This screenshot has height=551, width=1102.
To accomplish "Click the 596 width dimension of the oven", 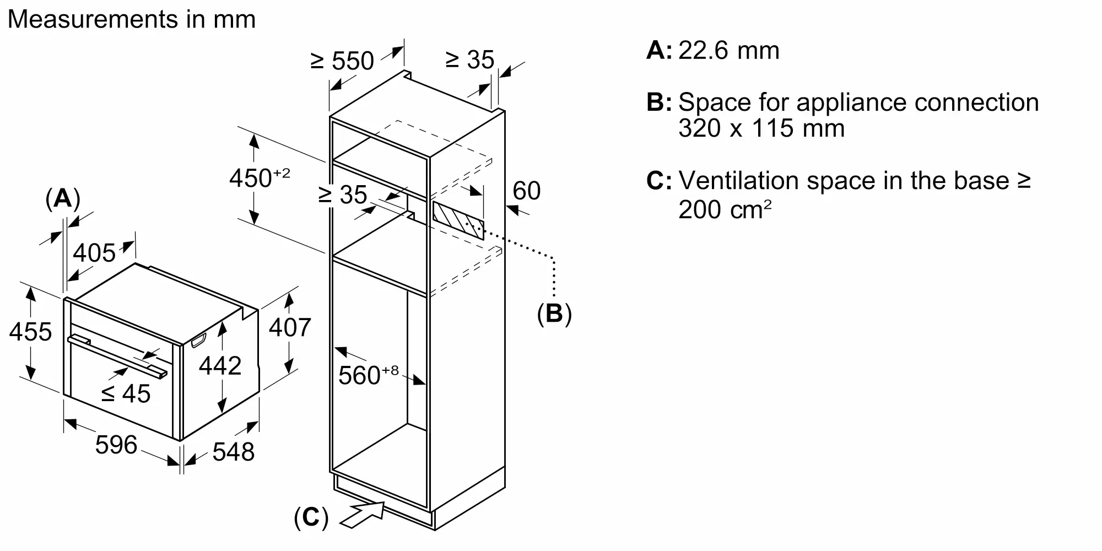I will pyautogui.click(x=116, y=445).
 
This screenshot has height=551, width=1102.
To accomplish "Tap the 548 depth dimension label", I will pyautogui.click(x=233, y=452).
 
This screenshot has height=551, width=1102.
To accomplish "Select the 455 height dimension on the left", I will pyautogui.click(x=30, y=332).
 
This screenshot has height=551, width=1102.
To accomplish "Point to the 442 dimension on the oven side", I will pyautogui.click(x=220, y=366).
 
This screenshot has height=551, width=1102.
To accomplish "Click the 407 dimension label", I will pyautogui.click(x=290, y=327).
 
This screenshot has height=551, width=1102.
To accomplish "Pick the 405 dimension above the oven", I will pyautogui.click(x=94, y=253).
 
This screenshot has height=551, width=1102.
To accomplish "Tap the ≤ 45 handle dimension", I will pyautogui.click(x=126, y=393).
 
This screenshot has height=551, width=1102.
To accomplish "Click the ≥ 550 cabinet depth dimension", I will pyautogui.click(x=342, y=61).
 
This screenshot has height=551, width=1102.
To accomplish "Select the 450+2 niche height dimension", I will pyautogui.click(x=260, y=177).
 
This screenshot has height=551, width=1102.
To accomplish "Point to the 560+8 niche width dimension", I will pyautogui.click(x=368, y=375).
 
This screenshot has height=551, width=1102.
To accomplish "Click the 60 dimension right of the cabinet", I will pyautogui.click(x=526, y=191).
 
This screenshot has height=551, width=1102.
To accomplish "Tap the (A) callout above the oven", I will pyautogui.click(x=63, y=198).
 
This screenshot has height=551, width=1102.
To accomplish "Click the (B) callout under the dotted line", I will pyautogui.click(x=554, y=313).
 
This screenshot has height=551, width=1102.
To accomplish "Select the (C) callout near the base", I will pyautogui.click(x=311, y=518).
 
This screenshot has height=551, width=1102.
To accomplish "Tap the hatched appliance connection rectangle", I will pyautogui.click(x=458, y=220).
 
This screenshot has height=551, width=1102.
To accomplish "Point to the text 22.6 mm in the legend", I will pyautogui.click(x=728, y=51).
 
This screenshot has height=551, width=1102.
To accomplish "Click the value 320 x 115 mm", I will pyautogui.click(x=761, y=128).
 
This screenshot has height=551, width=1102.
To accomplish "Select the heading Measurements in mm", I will pyautogui.click(x=132, y=19).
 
